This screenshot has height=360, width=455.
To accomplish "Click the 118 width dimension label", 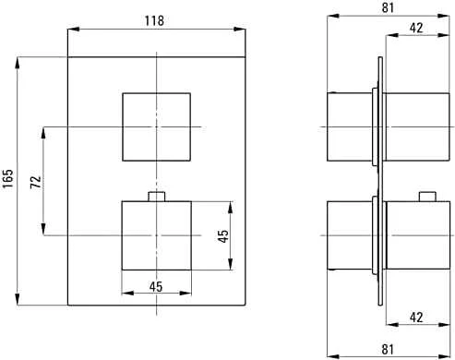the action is pyautogui.click(x=154, y=20).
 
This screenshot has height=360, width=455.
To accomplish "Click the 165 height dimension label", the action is pyautogui.click(x=8, y=178).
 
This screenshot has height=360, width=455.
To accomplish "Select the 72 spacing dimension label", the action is pyautogui.click(x=36, y=182).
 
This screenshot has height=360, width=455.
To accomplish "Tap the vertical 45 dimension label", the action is pyautogui.click(x=223, y=236).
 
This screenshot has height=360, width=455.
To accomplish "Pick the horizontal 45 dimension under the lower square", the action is pyautogui.click(x=156, y=287).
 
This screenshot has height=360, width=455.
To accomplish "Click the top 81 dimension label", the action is pyautogui.click(x=388, y=7).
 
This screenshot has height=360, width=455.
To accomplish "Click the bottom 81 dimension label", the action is pyautogui.click(x=388, y=349).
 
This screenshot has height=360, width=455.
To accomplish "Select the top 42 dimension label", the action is pyautogui.click(x=416, y=28).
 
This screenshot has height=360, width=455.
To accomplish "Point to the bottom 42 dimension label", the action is pyautogui.click(x=416, y=318).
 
